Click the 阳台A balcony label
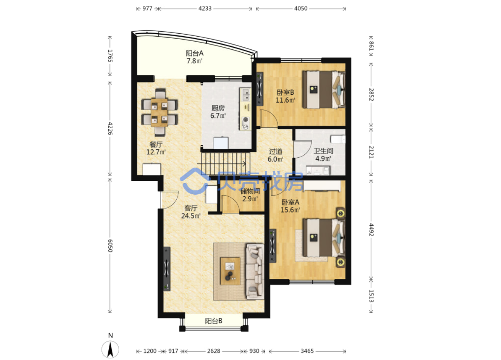(194, 53)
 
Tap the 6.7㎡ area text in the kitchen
(218, 115)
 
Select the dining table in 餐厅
(159, 112)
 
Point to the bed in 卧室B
(324, 90)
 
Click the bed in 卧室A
(324, 238)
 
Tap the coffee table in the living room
(230, 271)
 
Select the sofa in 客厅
(255, 271)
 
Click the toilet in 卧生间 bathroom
(338, 139)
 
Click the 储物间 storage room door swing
(230, 204)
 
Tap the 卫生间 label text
(323, 151)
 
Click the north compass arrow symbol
(110, 349)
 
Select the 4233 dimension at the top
(205, 9)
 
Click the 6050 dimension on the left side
(110, 246)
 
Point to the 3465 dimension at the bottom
(307, 351)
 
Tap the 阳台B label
(214, 321)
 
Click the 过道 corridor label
(275, 151)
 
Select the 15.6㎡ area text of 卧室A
(290, 210)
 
